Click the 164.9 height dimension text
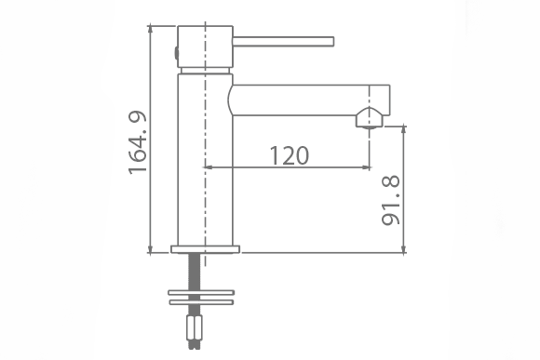pyautogui.click(x=137, y=140)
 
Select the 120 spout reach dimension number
pyautogui.click(x=290, y=155)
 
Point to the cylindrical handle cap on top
pyautogui.click(x=204, y=45)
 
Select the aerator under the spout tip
pyautogui.click(x=369, y=118)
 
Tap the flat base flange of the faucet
pyautogui.click(x=206, y=248)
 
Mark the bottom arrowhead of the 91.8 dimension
pyautogui.click(x=403, y=248)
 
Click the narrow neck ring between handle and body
pyautogui.click(x=204, y=70)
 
